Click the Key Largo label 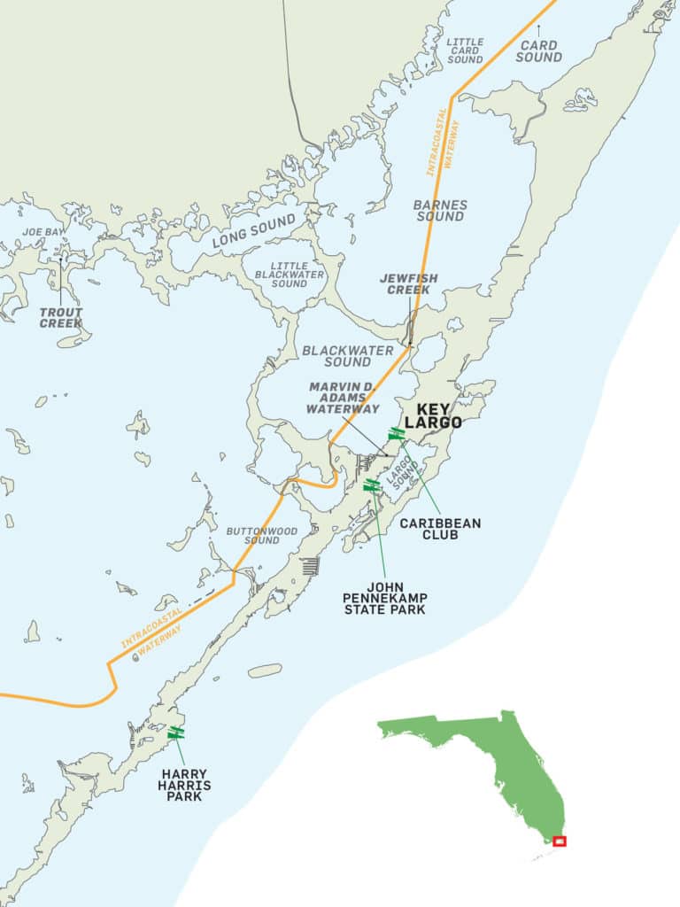[434, 413]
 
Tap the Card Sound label [538, 50]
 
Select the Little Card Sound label [465, 50]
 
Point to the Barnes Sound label [440, 210]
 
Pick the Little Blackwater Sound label [290, 275]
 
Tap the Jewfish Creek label [409, 283]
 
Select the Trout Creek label [61, 317]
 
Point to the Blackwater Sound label [348, 355]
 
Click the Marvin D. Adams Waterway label [344, 398]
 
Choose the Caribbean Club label [440, 529]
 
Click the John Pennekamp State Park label [386, 597]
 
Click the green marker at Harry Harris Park [176, 733]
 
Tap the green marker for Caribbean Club [396, 433]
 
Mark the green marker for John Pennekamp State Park [372, 485]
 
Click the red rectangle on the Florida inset [559, 841]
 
